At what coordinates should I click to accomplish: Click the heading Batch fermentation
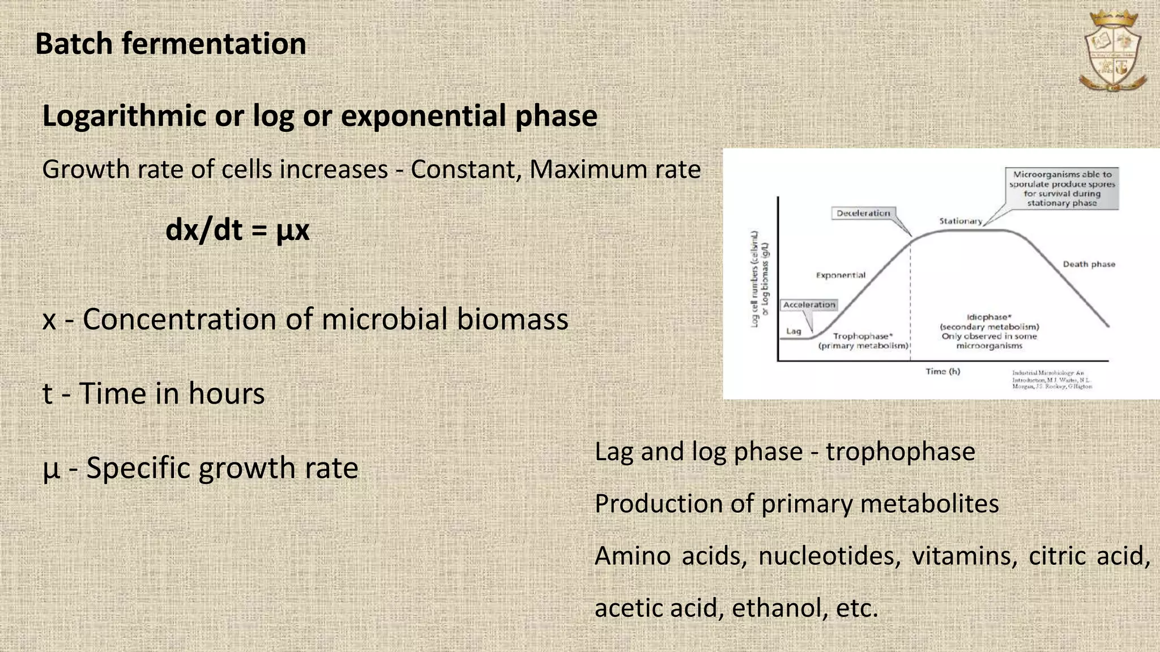[x=170, y=44]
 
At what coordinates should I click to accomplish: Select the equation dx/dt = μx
[x=237, y=230]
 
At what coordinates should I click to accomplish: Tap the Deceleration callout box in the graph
[x=864, y=213]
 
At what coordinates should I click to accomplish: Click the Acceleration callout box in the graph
[x=809, y=304]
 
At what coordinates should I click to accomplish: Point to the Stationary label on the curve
[x=961, y=221]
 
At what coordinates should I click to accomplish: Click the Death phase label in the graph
[x=1089, y=264]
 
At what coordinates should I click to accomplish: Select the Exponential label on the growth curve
[x=841, y=275]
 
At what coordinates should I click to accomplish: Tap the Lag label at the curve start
[x=794, y=331]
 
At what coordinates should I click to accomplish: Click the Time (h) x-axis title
[x=942, y=371]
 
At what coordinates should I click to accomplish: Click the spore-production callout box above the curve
[x=1062, y=188]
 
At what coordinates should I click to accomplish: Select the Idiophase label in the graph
[x=989, y=318]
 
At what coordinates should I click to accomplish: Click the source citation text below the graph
[x=1051, y=380]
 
